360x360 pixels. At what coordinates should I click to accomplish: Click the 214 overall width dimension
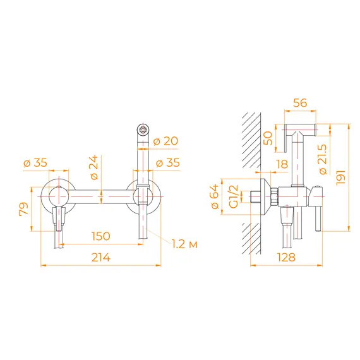click(x=100, y=257)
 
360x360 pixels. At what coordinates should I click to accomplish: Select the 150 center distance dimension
click(x=100, y=236)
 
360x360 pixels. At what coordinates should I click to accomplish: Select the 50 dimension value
click(x=267, y=137)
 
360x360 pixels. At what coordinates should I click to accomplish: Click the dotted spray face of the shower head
click(x=143, y=131)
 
